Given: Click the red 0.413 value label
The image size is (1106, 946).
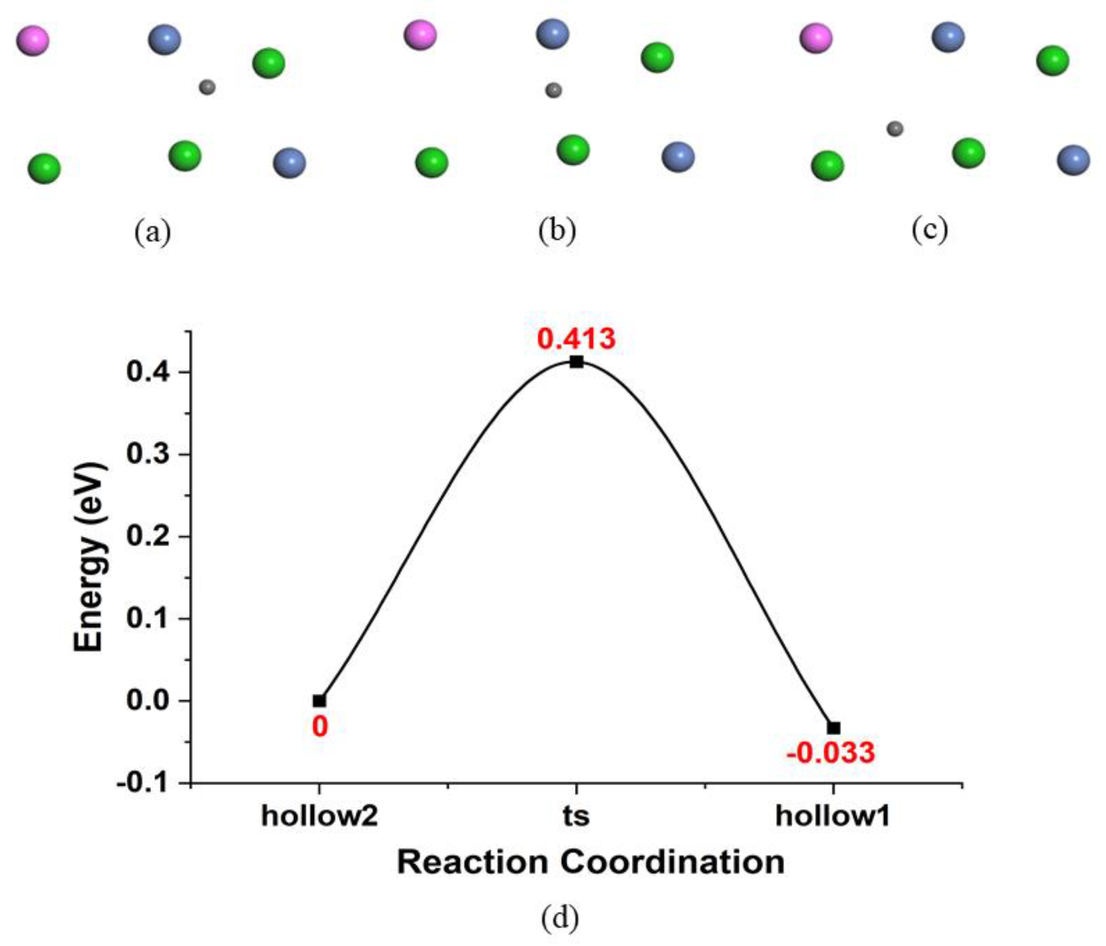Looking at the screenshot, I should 576,339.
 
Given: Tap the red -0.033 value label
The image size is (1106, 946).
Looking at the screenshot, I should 831,753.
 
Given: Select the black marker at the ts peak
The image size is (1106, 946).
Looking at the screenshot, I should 576,362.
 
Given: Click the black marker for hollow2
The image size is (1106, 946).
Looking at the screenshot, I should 319,701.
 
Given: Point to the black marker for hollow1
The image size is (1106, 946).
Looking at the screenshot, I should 834,728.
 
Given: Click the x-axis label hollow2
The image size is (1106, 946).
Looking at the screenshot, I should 319,817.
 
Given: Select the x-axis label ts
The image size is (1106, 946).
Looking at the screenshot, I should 576,817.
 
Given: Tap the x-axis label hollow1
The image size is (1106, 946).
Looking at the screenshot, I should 833,817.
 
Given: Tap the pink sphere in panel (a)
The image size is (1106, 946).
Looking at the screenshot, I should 32,40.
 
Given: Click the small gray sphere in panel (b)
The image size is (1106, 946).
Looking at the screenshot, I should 554,90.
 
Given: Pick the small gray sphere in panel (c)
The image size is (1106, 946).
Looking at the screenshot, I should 895,129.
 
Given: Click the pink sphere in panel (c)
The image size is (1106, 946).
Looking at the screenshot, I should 816,38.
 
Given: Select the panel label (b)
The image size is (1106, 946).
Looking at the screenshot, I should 557,231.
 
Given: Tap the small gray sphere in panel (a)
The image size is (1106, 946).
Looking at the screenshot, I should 207,87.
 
